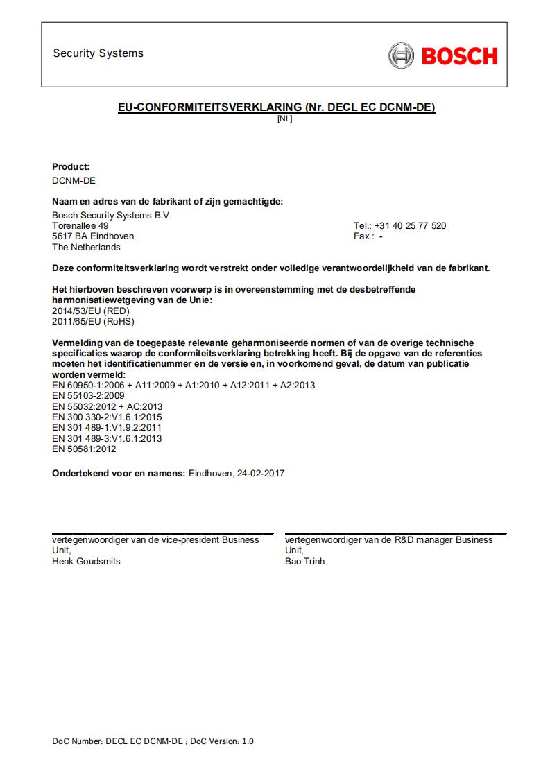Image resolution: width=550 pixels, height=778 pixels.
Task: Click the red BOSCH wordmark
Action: tap(459, 55)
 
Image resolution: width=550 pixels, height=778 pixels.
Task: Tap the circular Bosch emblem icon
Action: tap(402, 55)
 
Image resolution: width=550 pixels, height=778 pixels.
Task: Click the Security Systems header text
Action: tap(98, 53)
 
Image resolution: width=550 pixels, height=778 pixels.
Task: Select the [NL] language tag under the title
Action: tap(284, 119)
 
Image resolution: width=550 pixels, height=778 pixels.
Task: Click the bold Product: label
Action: tap(71, 166)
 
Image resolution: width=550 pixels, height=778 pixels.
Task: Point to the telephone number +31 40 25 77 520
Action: tap(410, 226)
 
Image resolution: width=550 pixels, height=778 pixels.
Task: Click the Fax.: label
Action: tap(363, 236)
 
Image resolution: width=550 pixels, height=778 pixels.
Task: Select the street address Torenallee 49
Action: tap(80, 226)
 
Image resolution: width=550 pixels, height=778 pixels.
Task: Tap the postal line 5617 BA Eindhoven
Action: tap(93, 236)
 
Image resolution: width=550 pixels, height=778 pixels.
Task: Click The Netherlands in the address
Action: tap(86, 247)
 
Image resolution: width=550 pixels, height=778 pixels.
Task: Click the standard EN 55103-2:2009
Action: tap(89, 396)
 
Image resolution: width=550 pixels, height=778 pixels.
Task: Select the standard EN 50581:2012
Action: tap(84, 449)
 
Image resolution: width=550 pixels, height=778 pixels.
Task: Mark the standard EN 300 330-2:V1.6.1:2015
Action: tap(107, 417)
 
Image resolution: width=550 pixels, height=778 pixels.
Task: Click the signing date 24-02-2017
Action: tap(261, 474)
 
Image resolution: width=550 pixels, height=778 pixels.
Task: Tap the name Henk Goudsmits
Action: tap(86, 561)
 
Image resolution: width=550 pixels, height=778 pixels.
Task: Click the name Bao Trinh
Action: tap(304, 561)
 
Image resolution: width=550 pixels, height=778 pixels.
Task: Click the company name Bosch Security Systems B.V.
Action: tap(112, 216)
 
